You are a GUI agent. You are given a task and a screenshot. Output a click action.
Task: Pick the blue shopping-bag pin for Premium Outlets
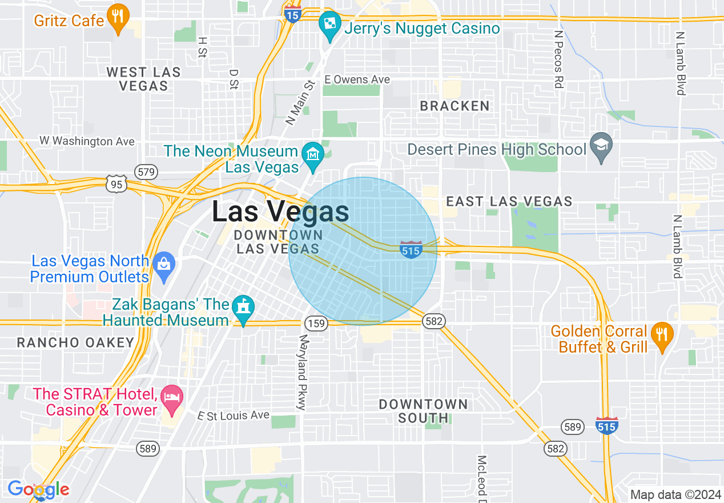(164, 266)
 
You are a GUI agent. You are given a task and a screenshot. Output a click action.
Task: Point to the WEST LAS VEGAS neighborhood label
(143, 79)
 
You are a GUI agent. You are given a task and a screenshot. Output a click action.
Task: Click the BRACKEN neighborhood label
(454, 106)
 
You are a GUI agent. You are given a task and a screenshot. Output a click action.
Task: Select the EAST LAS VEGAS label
(509, 201)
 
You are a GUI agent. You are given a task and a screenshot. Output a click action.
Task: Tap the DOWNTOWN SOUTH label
(423, 411)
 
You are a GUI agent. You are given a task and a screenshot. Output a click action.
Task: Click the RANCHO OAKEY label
(75, 343)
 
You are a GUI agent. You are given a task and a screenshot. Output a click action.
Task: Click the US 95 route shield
(116, 184)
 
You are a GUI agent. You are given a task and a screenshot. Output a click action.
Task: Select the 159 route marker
(316, 324)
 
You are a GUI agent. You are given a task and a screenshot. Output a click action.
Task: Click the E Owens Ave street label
(357, 79)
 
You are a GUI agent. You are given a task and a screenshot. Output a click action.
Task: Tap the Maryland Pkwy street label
(303, 372)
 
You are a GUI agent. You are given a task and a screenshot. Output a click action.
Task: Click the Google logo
(38, 489)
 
